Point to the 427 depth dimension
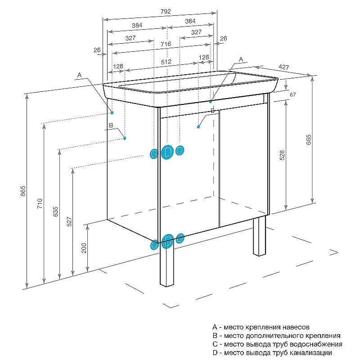pos(283,67)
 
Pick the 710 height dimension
pos(39,203)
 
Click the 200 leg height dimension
pos(84,248)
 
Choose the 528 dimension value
pos(282,156)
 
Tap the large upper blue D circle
pos(167,152)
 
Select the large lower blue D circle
pos(168,241)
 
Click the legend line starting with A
pos(261,327)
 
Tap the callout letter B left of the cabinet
pos(110,126)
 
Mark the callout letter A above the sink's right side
pos(241,59)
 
